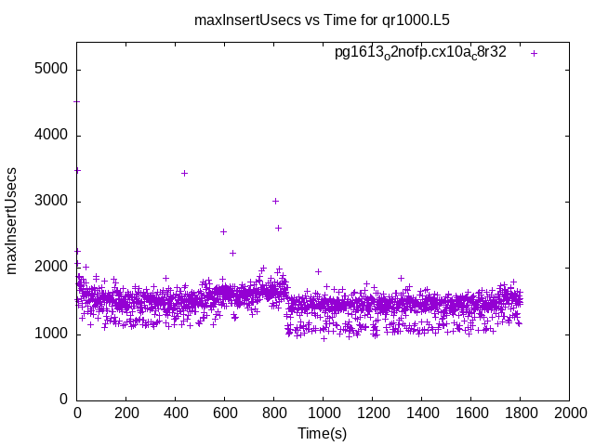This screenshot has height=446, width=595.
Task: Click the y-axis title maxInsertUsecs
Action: click(12, 220)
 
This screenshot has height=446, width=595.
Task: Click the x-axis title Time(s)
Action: click(322, 434)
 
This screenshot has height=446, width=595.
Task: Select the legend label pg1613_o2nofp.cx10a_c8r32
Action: click(420, 53)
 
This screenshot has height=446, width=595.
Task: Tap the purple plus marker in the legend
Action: click(534, 53)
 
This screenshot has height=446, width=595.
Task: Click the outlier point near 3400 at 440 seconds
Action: click(184, 173)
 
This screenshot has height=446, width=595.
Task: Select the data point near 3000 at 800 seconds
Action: click(275, 201)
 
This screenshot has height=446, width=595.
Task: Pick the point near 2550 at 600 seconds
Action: click(223, 231)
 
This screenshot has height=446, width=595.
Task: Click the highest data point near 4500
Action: click(77, 102)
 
